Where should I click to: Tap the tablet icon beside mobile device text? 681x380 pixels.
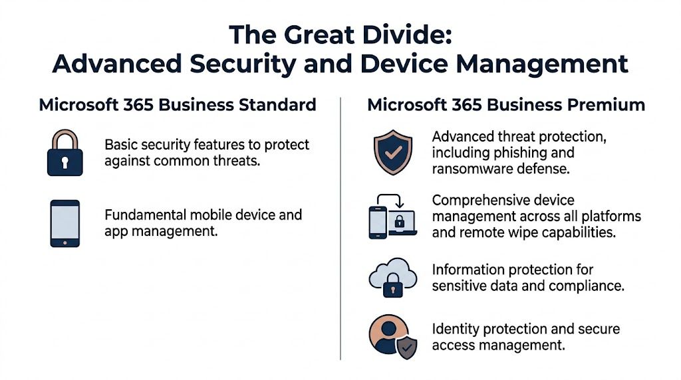pos(65,223)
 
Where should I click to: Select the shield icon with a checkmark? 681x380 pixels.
pos(392,152)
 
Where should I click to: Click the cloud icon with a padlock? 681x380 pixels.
pos(392,278)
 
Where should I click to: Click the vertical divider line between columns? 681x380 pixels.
pos(340,226)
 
